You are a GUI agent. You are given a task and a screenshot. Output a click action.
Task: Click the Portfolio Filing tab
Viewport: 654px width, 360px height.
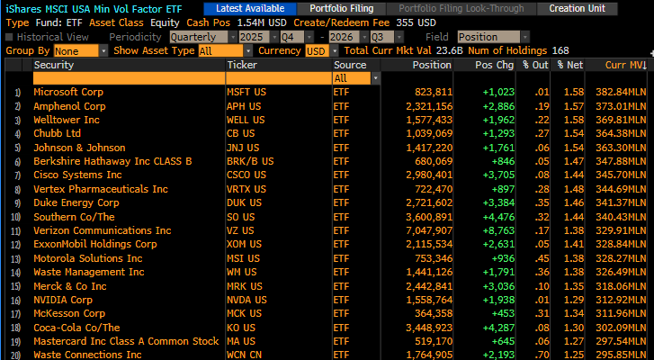point(341,8)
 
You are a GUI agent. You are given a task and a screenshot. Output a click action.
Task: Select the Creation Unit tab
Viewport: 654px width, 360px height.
point(577,8)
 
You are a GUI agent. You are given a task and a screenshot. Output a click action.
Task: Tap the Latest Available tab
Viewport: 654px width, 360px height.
point(250,8)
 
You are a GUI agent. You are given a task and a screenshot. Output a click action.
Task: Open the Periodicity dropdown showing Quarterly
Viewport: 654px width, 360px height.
point(203,37)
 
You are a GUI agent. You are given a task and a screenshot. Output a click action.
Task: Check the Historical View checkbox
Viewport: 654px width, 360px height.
point(9,37)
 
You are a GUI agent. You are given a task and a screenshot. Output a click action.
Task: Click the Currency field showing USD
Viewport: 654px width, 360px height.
point(322,51)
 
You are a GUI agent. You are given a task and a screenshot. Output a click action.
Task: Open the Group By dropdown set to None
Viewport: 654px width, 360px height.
point(80,51)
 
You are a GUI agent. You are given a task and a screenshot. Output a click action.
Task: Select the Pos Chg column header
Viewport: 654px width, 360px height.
point(494,65)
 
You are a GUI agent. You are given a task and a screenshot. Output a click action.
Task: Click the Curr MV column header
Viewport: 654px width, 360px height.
point(625,65)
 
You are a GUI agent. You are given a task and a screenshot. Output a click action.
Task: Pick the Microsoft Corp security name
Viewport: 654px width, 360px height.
point(68,92)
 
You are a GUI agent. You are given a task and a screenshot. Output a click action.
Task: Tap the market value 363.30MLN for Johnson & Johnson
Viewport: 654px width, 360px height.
point(621,148)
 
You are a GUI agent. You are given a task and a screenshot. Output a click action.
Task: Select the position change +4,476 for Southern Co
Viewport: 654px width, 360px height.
point(498,217)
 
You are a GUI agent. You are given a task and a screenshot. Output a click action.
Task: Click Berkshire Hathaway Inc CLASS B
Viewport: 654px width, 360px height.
point(112,161)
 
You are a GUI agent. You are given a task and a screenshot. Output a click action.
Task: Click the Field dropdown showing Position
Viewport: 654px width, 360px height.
point(493,37)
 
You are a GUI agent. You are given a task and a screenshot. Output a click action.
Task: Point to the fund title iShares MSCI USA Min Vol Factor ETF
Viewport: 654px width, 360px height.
point(94,8)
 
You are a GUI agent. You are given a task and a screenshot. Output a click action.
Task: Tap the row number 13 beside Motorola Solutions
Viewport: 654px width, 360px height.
point(15,258)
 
